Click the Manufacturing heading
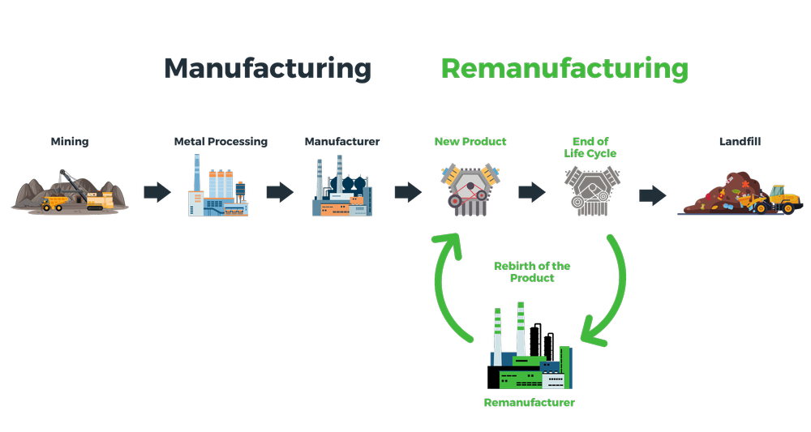coord(268,68)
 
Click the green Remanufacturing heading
coord(564,68)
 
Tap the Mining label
coord(70,142)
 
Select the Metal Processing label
coord(221,142)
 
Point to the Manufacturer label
coord(342,142)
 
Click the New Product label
coord(470,142)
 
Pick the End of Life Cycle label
coord(590,148)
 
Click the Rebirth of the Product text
coord(532,272)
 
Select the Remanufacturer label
coord(529,403)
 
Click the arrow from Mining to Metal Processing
coord(157,193)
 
